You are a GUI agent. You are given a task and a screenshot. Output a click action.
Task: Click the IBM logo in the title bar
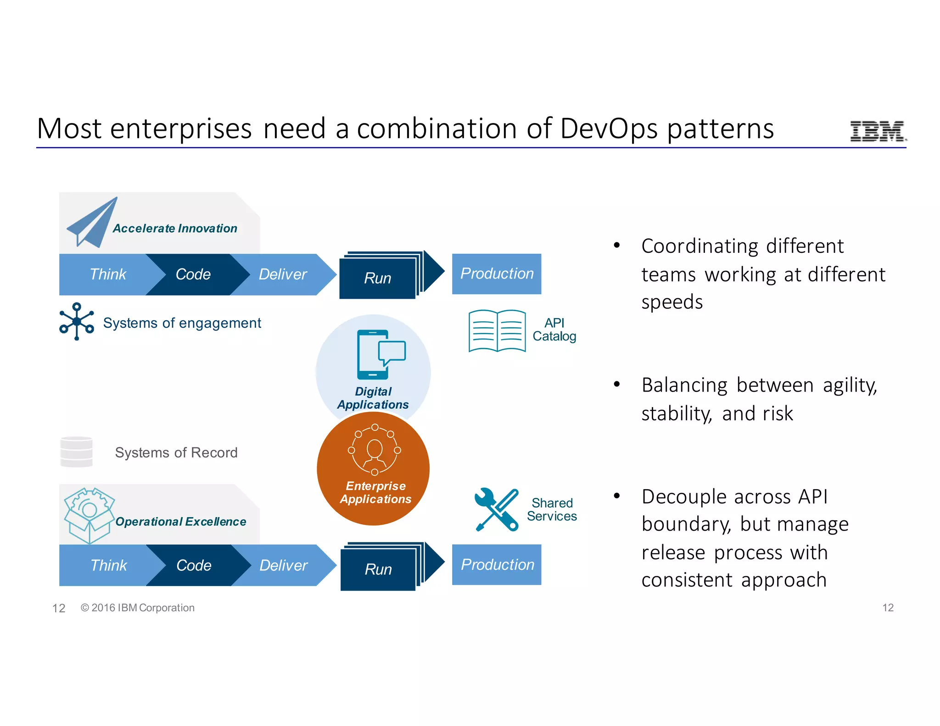[878, 131]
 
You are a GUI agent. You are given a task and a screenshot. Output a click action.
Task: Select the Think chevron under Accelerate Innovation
[108, 274]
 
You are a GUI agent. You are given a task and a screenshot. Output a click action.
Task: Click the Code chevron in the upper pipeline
[193, 274]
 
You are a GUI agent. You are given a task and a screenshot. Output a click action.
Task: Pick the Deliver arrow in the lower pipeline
[284, 565]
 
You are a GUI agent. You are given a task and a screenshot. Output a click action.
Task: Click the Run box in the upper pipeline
[378, 278]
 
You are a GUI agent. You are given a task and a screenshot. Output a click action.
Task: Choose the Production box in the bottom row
[497, 564]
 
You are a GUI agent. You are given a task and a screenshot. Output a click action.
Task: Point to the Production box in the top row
[497, 274]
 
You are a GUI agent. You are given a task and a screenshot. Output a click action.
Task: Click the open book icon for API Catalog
[497, 331]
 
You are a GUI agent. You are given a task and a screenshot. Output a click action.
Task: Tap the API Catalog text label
[554, 329]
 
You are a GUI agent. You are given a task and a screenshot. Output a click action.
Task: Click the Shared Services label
[552, 509]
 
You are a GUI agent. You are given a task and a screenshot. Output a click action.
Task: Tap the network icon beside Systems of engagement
[77, 321]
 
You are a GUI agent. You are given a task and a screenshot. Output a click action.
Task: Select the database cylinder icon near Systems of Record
[76, 452]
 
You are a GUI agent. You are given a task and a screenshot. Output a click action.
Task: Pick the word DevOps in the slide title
[609, 128]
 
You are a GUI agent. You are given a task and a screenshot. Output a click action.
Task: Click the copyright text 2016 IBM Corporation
[138, 608]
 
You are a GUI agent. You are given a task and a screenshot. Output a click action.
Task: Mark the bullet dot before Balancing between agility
[617, 384]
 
